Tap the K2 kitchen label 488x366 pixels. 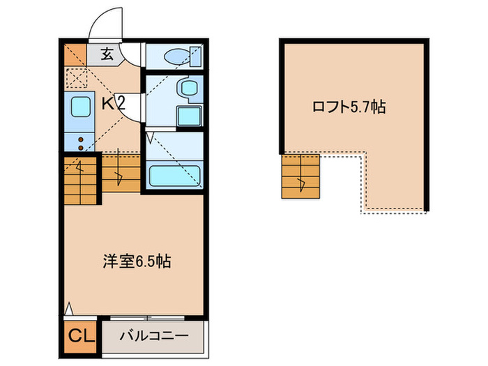coord(113,105)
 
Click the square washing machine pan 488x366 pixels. coord(188,115)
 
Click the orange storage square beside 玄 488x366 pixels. coord(74,53)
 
